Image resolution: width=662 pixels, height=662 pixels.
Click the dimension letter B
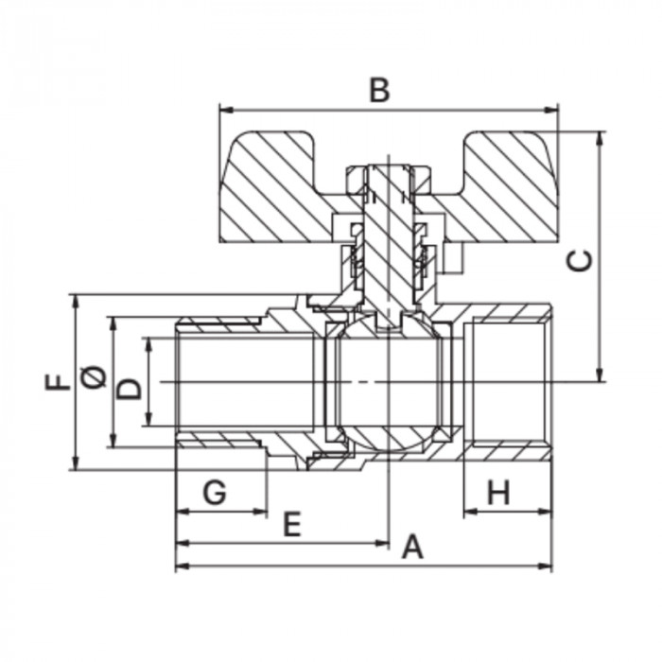(379, 90)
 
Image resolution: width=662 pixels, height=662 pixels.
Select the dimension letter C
(579, 260)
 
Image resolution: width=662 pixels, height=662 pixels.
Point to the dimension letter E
(292, 524)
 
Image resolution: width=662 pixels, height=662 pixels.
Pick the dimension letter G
(215, 493)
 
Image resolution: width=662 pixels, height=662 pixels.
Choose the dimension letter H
(498, 493)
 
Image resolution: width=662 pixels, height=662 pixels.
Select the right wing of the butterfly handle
(502, 187)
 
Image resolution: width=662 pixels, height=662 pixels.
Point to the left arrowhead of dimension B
(227, 111)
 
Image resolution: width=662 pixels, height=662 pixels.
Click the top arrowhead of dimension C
(599, 138)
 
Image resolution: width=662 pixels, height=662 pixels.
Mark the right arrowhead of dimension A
(545, 566)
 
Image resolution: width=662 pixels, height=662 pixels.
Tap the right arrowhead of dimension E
(381, 543)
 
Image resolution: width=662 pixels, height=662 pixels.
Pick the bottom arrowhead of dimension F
(75, 462)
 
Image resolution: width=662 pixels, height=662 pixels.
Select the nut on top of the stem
(389, 179)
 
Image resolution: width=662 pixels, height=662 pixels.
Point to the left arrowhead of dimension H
(471, 512)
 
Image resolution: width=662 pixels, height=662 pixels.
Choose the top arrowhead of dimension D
(148, 344)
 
